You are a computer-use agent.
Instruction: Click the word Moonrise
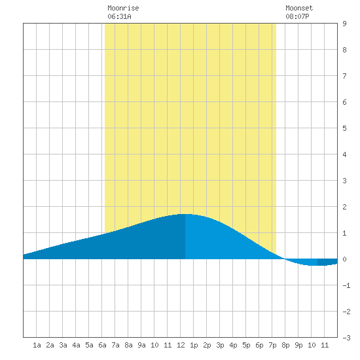[x=123, y=8]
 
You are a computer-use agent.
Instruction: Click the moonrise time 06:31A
[x=119, y=16]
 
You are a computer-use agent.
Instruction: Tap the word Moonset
[x=299, y=8]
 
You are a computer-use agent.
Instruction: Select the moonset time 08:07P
[x=297, y=16]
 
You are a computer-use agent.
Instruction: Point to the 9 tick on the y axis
[x=344, y=24]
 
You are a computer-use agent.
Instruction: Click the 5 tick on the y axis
[x=344, y=128]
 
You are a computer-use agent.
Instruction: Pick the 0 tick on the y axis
[x=344, y=259]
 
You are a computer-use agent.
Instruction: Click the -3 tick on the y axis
[x=346, y=338]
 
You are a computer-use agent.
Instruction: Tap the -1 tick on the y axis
[x=346, y=285]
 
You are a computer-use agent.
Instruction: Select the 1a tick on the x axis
[x=37, y=345]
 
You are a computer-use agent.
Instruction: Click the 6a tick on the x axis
[x=102, y=345]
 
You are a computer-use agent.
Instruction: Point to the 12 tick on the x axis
[x=181, y=345]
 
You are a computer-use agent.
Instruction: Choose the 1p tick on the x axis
[x=194, y=345]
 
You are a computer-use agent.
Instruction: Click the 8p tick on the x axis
[x=285, y=345]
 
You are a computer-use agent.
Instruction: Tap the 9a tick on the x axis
[x=141, y=345]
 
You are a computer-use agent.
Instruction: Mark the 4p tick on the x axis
[x=233, y=345]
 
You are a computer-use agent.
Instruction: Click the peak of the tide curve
[x=185, y=214]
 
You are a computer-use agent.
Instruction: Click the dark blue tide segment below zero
[x=327, y=262]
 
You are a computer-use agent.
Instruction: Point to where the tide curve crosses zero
[x=285, y=259]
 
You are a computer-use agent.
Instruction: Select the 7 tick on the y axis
[x=344, y=76]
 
